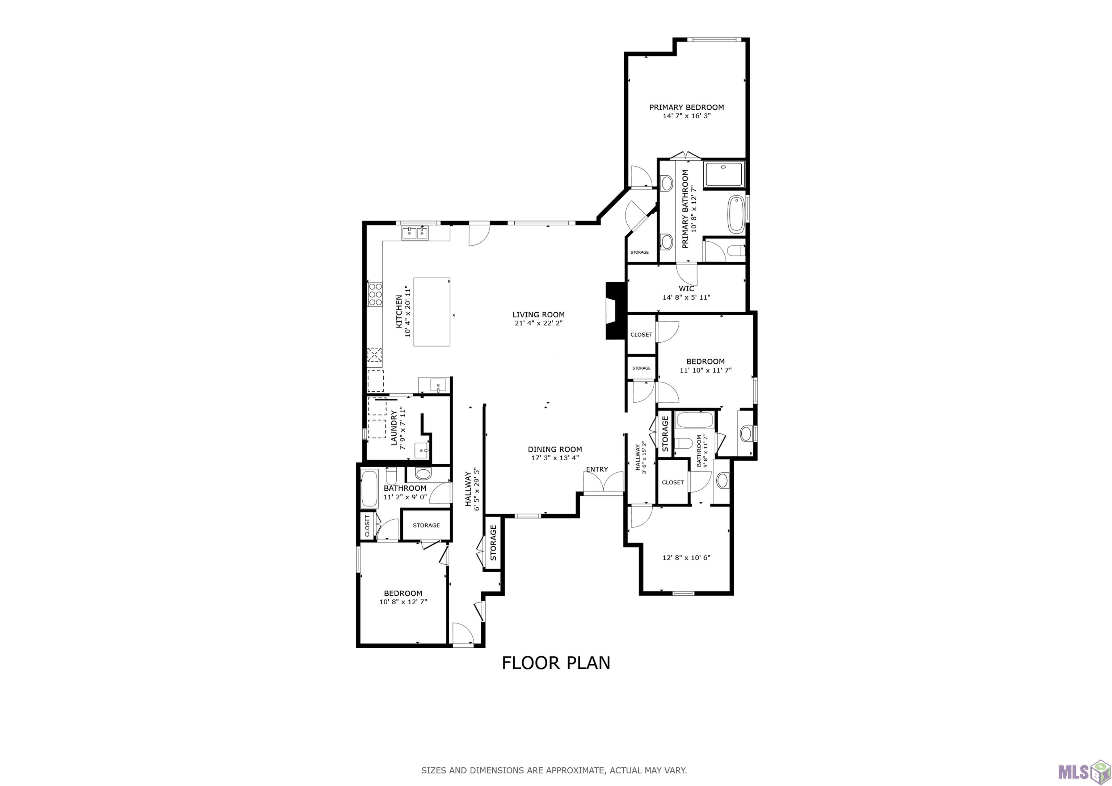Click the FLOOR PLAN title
(x=556, y=663)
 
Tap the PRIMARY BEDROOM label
(x=686, y=107)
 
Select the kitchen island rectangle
(x=431, y=312)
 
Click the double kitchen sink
(x=415, y=233)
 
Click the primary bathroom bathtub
(x=736, y=215)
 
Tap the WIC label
(x=686, y=289)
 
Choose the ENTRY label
(x=597, y=469)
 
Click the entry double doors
(x=603, y=483)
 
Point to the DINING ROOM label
(x=555, y=449)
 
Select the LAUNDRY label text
(x=394, y=428)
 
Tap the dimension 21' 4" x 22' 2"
(x=539, y=323)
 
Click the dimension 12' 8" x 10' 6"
(x=686, y=557)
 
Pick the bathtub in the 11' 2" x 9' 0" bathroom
(x=370, y=489)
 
